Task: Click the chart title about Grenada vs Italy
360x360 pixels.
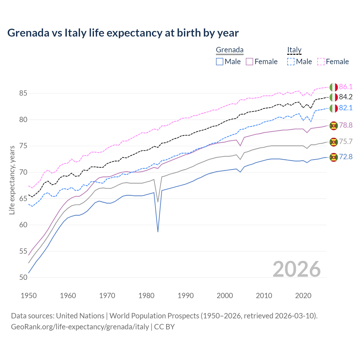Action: tap(123, 33)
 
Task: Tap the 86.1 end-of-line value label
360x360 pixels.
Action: tap(346, 87)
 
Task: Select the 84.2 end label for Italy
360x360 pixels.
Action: tap(346, 97)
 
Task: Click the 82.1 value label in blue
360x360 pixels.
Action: tap(346, 108)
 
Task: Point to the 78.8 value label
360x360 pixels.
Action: tap(346, 125)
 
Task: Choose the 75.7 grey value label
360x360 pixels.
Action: tap(346, 141)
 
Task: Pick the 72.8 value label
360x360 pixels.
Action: tap(346, 157)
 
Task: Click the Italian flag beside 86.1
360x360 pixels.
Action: tap(334, 87)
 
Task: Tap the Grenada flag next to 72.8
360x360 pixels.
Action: tap(334, 157)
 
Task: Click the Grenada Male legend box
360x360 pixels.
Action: tap(220, 62)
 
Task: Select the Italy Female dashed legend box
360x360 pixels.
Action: tap(321, 62)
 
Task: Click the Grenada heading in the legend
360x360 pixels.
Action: tap(229, 50)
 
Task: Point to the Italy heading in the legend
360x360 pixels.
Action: tap(294, 50)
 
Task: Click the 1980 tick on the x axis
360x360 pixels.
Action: tap(147, 296)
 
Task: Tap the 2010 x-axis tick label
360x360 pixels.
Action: tap(264, 296)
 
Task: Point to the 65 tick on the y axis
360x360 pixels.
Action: tap(23, 199)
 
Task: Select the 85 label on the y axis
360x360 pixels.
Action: tap(23, 93)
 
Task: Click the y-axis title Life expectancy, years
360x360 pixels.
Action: tap(12, 180)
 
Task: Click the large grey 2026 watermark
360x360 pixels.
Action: tap(297, 269)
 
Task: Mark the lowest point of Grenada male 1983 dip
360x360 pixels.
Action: tap(158, 232)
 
